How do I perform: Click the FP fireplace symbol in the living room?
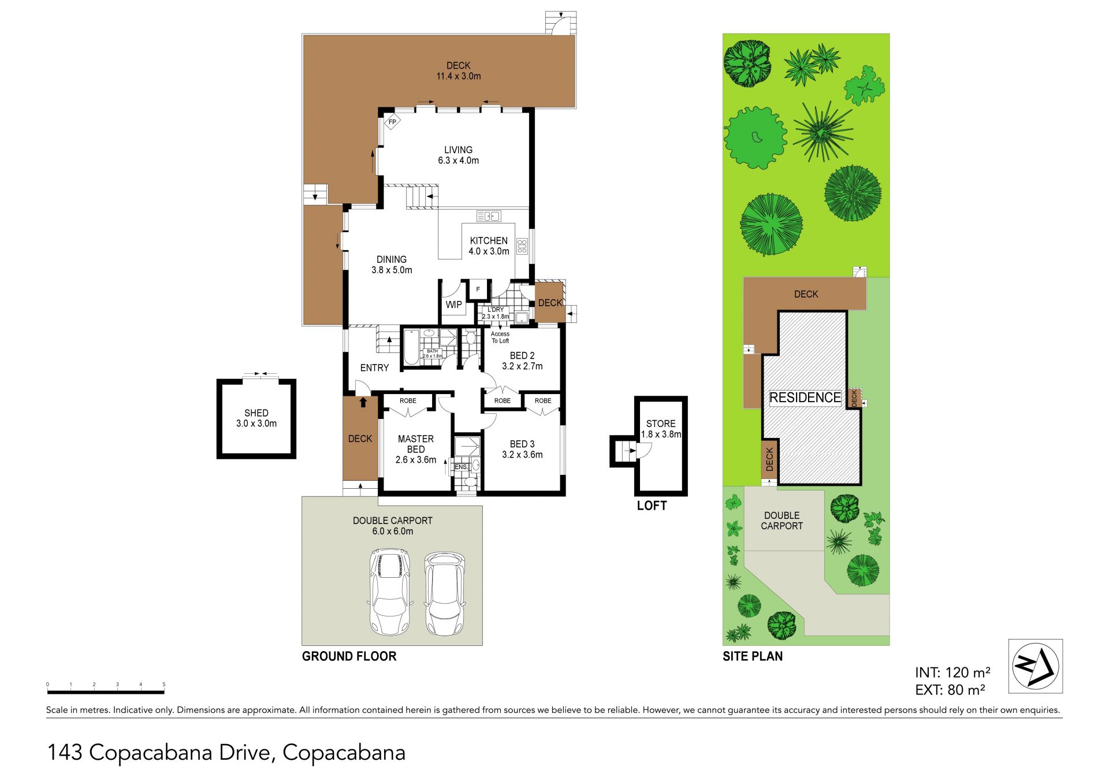point(393,122)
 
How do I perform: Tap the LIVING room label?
point(458,150)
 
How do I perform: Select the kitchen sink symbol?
point(489,216)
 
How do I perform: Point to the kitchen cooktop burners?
point(522,246)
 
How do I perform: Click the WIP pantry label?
point(453,304)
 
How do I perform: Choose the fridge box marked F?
point(478,289)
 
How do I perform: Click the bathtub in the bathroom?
point(411,347)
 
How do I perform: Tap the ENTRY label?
point(374,368)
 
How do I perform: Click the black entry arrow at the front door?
point(363,402)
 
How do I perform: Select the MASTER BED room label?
point(416,444)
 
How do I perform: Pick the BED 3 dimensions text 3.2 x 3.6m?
point(522,455)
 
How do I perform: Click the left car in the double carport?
point(390,592)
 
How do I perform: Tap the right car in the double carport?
point(445,593)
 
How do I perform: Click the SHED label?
point(256,413)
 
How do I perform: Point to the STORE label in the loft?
point(661,423)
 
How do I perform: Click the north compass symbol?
point(1036,666)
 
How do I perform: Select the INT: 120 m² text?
point(953,672)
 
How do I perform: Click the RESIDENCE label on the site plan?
point(805,397)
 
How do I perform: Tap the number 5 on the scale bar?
point(164,685)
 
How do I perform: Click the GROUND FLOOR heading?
point(349,656)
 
